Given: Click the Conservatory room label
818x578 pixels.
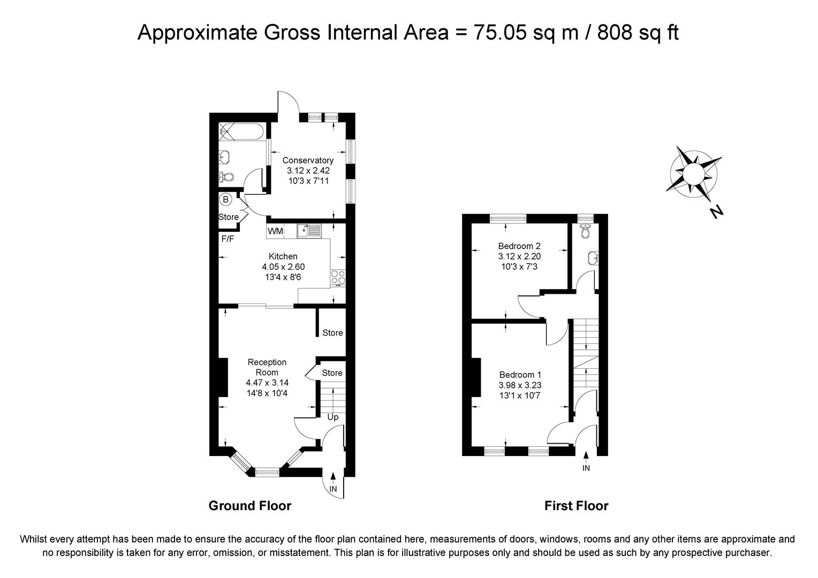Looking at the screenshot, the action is [x=308, y=161].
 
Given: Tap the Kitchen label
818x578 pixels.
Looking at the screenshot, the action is [x=283, y=256].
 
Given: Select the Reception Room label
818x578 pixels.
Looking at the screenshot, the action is [x=267, y=367].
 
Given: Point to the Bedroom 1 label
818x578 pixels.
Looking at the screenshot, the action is [x=520, y=375].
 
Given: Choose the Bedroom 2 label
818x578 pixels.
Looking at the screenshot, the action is [x=519, y=246].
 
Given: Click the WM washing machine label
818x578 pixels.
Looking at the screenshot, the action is [x=275, y=231].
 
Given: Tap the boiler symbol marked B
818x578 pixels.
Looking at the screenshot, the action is [x=226, y=200].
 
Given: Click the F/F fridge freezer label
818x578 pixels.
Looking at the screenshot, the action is [x=228, y=239].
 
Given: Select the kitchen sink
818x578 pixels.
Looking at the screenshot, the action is [x=309, y=231].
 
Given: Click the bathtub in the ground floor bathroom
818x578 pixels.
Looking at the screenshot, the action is [x=241, y=132].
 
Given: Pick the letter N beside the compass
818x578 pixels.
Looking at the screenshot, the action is [x=717, y=212].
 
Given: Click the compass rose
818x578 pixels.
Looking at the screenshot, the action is [x=693, y=174].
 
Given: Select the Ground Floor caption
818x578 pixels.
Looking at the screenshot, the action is [x=250, y=506].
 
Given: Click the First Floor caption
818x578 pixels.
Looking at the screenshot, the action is [x=576, y=506].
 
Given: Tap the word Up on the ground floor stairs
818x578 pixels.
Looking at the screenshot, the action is [x=332, y=417].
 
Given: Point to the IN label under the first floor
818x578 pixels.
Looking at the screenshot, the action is [x=586, y=468].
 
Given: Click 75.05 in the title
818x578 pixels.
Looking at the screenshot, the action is [x=500, y=33].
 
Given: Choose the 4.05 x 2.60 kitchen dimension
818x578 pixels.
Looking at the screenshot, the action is [x=283, y=267].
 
